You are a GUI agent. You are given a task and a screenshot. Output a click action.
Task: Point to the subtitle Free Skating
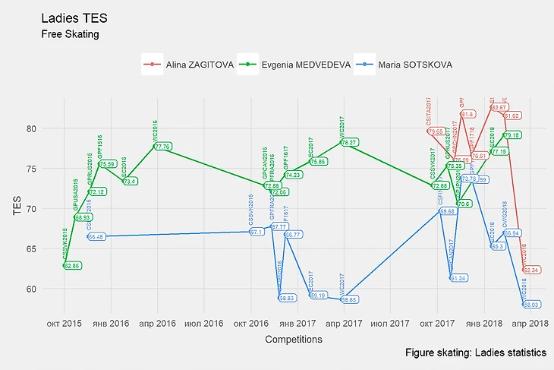70,33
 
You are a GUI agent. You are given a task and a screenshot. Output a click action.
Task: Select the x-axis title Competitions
293,340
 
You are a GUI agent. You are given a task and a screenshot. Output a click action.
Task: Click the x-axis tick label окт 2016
251,323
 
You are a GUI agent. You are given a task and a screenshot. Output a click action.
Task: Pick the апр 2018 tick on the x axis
530,323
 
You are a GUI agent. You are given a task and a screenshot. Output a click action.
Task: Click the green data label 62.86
72,266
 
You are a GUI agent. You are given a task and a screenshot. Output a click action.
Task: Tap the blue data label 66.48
96,237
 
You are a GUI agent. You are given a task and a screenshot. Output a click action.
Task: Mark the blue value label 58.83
287,299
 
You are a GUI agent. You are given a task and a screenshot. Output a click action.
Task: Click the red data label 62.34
532,270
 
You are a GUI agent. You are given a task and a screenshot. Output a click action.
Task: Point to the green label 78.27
349,142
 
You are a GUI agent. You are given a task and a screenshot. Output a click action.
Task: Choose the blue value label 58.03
530,305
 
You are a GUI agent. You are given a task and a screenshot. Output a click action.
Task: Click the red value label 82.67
499,108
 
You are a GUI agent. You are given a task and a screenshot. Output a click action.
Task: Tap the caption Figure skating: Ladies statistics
475,353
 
